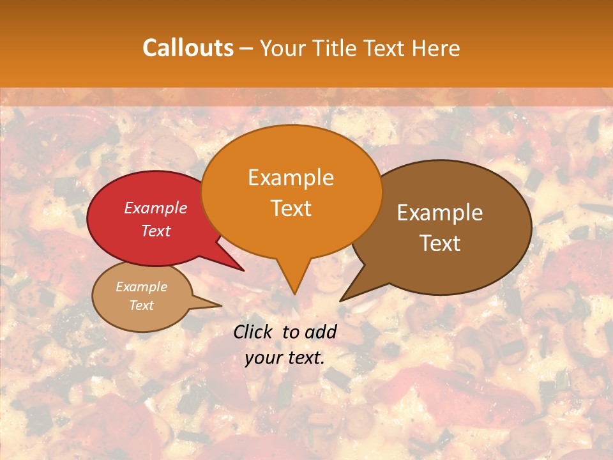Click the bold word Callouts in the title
[x=188, y=48]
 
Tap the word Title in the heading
[x=337, y=48]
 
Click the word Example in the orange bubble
[x=291, y=178]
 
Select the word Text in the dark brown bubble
[x=440, y=243]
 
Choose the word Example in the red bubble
[x=156, y=208]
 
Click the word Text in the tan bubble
[x=142, y=305]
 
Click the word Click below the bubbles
[x=254, y=332]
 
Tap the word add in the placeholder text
[x=321, y=332]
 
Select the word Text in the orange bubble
[x=291, y=209]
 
